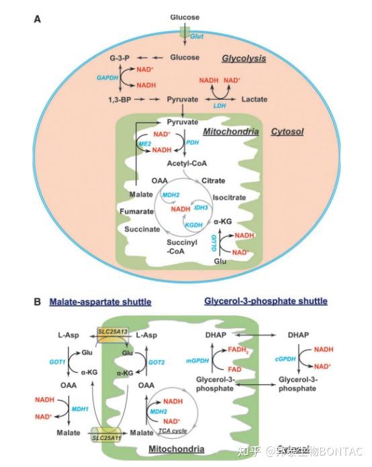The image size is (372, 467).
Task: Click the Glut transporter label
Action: (197, 37)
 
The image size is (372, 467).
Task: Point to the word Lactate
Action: (254, 99)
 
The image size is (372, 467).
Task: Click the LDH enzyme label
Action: (219, 107)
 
